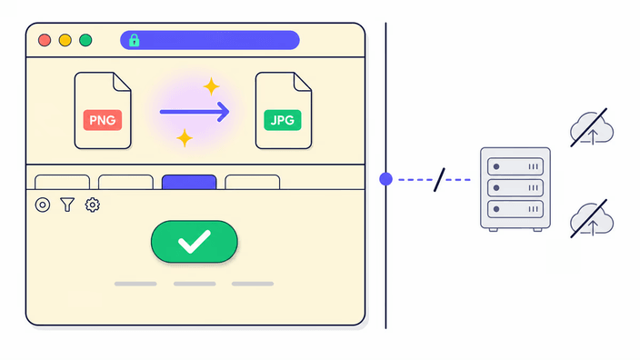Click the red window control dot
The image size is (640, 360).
pos(45,40)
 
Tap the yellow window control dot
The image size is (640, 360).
pos(65,40)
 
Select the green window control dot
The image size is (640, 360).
pos(85,40)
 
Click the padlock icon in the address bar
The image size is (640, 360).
pos(134,40)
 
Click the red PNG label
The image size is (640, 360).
pos(103,120)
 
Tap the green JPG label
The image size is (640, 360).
pos(283,120)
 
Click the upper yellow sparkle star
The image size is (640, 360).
pos(211,86)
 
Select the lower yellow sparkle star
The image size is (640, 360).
pos(185,138)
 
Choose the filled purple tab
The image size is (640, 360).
pos(189,182)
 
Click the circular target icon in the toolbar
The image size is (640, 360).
pos(43,205)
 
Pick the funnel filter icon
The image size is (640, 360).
pos(67,205)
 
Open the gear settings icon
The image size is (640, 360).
pos(92,205)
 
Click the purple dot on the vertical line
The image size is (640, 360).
pos(385,179)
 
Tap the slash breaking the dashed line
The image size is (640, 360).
pos(439,180)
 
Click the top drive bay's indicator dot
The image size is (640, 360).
pos(496,166)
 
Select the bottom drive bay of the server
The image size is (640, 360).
pos(515,209)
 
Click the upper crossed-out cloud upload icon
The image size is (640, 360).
pos(592,128)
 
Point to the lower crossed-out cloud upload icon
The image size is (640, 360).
pos(592,219)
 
